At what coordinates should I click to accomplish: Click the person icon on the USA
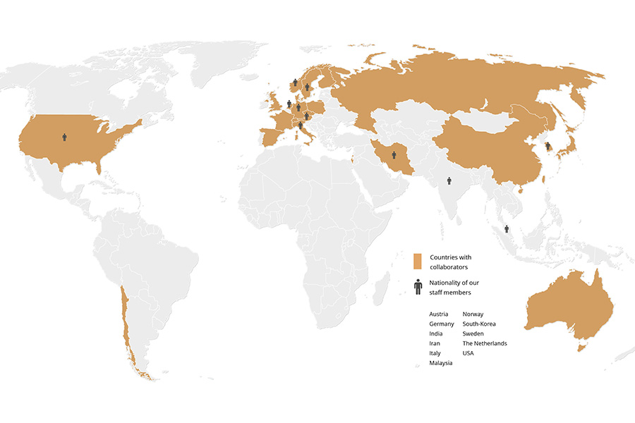click(x=64, y=137)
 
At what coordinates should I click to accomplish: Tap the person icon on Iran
click(x=394, y=154)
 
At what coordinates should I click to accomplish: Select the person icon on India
click(x=449, y=180)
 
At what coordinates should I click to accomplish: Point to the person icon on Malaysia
click(x=507, y=229)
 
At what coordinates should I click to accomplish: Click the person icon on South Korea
click(x=548, y=146)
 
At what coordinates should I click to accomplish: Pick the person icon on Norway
click(x=295, y=82)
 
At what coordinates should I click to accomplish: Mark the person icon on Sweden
click(x=307, y=87)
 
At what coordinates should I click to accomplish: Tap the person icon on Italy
click(x=301, y=125)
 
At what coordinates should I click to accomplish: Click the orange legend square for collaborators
click(x=417, y=261)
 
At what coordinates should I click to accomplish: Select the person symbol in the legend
click(x=418, y=286)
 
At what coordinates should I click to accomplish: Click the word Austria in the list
click(x=438, y=314)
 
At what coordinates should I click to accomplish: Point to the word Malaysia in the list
click(x=441, y=362)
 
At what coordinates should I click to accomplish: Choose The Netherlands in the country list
click(x=485, y=343)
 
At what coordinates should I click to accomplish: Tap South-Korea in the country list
click(x=479, y=324)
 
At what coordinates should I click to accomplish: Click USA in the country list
click(x=468, y=353)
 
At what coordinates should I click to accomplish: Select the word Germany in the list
click(x=441, y=324)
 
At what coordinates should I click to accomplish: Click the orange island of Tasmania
click(x=581, y=346)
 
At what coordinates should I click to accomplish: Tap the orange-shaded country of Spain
click(x=272, y=136)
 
